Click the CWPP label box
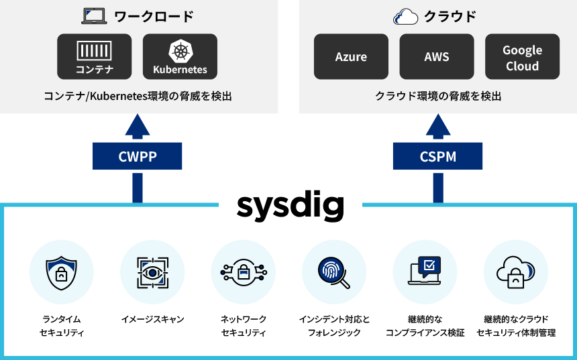tap(137, 156)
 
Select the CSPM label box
tap(437, 156)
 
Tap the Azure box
tap(351, 56)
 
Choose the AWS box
tap(437, 56)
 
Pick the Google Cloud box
tap(522, 56)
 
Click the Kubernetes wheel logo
tap(180, 51)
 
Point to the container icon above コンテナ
tap(94, 50)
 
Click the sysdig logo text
tap(291, 206)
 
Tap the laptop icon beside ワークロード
tap(94, 16)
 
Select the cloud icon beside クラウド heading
tap(405, 17)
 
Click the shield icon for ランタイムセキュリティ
tap(62, 272)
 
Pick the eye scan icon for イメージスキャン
tap(153, 272)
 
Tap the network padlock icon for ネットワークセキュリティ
tap(244, 272)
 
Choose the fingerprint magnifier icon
tap(333, 272)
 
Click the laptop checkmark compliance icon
tap(425, 270)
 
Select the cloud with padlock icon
tap(515, 272)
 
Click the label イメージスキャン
tap(153, 319)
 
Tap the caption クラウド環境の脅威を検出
tap(438, 97)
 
